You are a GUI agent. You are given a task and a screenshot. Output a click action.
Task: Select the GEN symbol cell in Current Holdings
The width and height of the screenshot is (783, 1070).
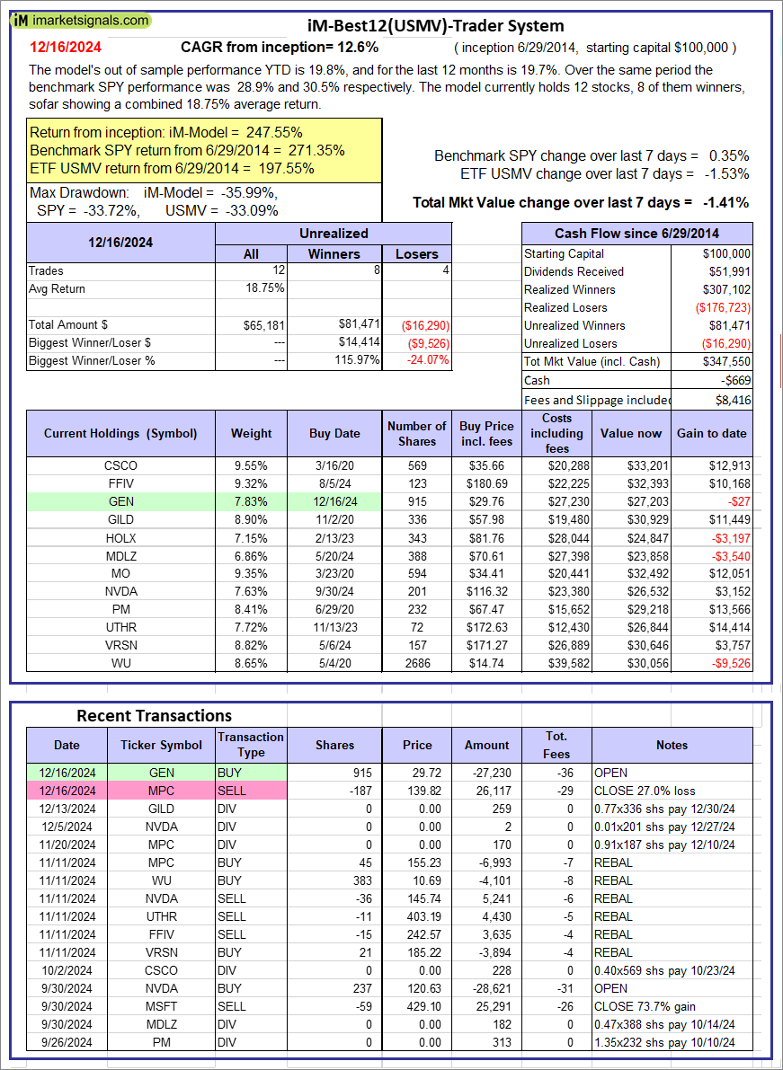pyautogui.click(x=120, y=502)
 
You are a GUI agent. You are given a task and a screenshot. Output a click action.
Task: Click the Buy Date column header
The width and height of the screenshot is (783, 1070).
pyautogui.click(x=334, y=433)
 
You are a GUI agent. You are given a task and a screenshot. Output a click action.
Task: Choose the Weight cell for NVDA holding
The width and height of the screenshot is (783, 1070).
pyautogui.click(x=251, y=592)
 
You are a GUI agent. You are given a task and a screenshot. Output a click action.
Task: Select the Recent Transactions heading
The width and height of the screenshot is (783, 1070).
pyautogui.click(x=154, y=715)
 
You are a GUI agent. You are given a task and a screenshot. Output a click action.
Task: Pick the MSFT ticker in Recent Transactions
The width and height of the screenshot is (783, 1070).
pyautogui.click(x=162, y=1006)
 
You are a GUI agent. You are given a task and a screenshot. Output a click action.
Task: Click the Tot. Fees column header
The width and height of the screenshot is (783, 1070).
pyautogui.click(x=556, y=745)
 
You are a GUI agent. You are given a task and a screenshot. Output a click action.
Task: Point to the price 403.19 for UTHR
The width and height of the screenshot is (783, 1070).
pyautogui.click(x=416, y=916)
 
